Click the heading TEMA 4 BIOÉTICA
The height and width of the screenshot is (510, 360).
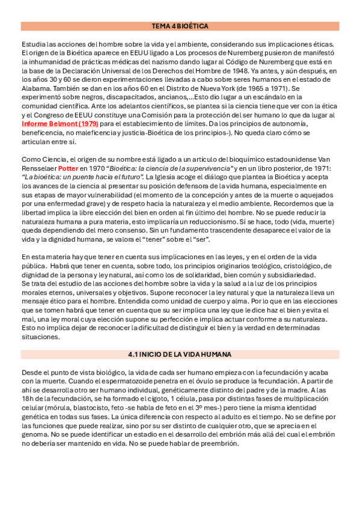click(x=180, y=26)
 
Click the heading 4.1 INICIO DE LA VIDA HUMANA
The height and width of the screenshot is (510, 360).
click(x=180, y=354)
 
